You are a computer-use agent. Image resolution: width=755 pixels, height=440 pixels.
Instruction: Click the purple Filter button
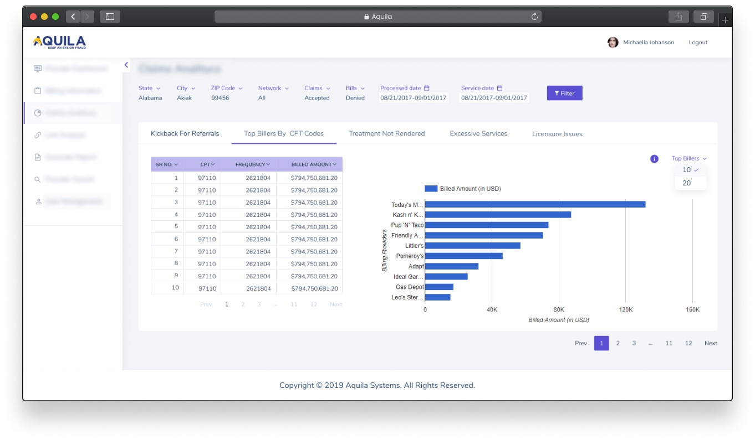pyautogui.click(x=564, y=93)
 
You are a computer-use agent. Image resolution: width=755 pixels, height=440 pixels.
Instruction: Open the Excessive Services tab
pyautogui.click(x=478, y=133)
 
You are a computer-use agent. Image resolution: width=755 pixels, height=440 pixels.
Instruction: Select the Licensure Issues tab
pyautogui.click(x=557, y=134)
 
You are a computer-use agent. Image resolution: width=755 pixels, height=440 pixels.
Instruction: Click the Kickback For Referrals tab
pyautogui.click(x=185, y=133)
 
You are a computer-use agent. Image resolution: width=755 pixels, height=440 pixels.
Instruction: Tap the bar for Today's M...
pyautogui.click(x=535, y=204)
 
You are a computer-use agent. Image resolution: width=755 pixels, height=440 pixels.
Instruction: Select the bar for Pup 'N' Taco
pyautogui.click(x=486, y=225)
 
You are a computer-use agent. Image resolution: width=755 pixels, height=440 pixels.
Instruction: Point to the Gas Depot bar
pyautogui.click(x=439, y=287)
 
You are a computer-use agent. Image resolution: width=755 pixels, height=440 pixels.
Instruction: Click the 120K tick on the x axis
pyautogui.click(x=625, y=310)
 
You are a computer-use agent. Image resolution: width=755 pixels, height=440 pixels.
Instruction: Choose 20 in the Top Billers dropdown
pyautogui.click(x=687, y=183)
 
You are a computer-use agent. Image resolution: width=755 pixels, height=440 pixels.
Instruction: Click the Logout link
pyautogui.click(x=698, y=43)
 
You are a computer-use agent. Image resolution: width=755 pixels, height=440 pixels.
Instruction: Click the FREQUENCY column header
pyautogui.click(x=252, y=164)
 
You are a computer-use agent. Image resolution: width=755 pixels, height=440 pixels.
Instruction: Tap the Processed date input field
pyautogui.click(x=414, y=98)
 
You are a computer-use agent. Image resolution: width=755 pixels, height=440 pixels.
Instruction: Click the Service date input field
pyautogui.click(x=494, y=98)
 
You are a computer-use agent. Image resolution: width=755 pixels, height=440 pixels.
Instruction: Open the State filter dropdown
pyautogui.click(x=149, y=88)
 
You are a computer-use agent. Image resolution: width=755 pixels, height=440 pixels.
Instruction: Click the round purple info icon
pyautogui.click(x=654, y=159)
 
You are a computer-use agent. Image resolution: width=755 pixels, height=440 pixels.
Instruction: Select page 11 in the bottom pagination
pyautogui.click(x=669, y=343)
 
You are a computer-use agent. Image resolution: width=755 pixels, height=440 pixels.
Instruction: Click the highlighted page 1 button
pyautogui.click(x=601, y=343)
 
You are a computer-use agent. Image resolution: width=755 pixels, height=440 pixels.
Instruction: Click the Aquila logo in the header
pyautogui.click(x=59, y=42)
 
